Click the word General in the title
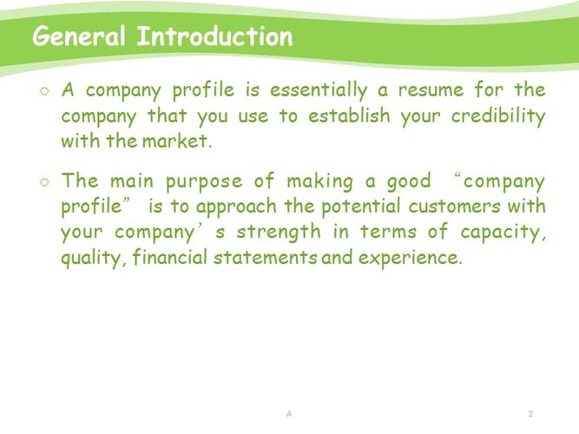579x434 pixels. tap(79, 36)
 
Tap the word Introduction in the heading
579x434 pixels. tap(215, 36)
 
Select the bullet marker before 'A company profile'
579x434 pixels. tap(44, 91)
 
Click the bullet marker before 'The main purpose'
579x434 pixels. tap(44, 181)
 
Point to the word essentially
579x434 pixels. tap(319, 91)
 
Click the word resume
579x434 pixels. tap(431, 91)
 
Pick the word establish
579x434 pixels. tap(349, 115)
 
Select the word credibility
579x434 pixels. tap(498, 116)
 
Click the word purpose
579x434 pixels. tap(204, 182)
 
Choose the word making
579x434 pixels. tap(319, 182)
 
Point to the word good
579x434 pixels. tap(409, 182)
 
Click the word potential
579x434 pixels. tap(361, 207)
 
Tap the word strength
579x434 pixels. tap(279, 233)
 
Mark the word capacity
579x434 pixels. tap(503, 233)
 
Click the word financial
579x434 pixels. tap(170, 257)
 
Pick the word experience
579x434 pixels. tap(411, 258)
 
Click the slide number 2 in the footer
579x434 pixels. tap(530, 413)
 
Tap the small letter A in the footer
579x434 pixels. tap(289, 413)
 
